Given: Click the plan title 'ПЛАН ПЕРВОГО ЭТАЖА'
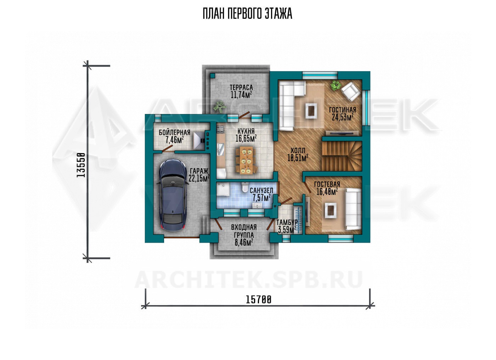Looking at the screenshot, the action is pyautogui.click(x=247, y=14).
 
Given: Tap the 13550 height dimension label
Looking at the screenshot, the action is pyautogui.click(x=81, y=165).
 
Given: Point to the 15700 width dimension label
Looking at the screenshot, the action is pyautogui.click(x=258, y=300).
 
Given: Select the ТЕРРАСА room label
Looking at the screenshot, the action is pyautogui.click(x=241, y=87).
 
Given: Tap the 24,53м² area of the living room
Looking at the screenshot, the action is pyautogui.click(x=342, y=117).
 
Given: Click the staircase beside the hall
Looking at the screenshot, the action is pyautogui.click(x=342, y=156).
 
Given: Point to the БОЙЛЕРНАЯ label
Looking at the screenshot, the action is pyautogui.click(x=174, y=133).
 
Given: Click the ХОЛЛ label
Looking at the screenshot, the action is pyautogui.click(x=298, y=151).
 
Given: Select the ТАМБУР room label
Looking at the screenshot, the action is pyautogui.click(x=287, y=222).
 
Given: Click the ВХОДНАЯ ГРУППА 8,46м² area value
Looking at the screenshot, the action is pyautogui.click(x=244, y=242).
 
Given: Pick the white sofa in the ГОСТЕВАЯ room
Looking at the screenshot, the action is pyautogui.click(x=354, y=209).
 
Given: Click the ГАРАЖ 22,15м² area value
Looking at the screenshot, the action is pyautogui.click(x=199, y=178).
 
